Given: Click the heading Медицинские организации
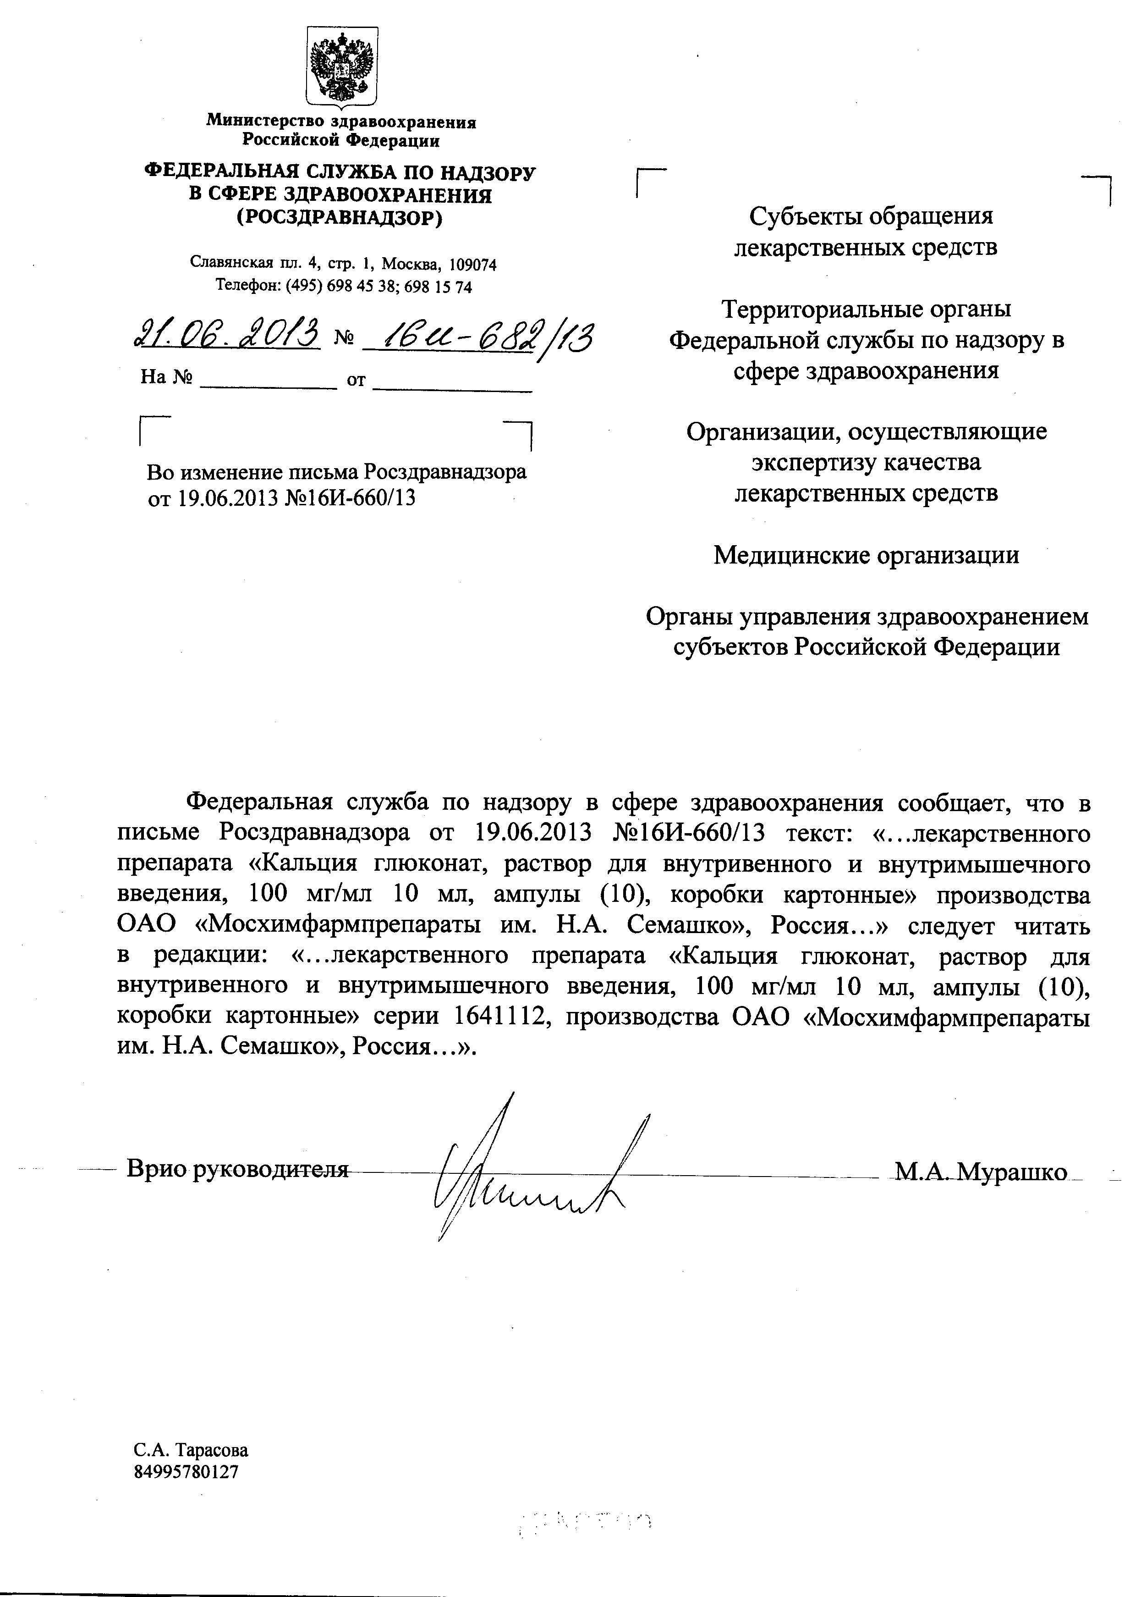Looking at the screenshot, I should (x=866, y=555).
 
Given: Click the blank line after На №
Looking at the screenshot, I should (x=269, y=381).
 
